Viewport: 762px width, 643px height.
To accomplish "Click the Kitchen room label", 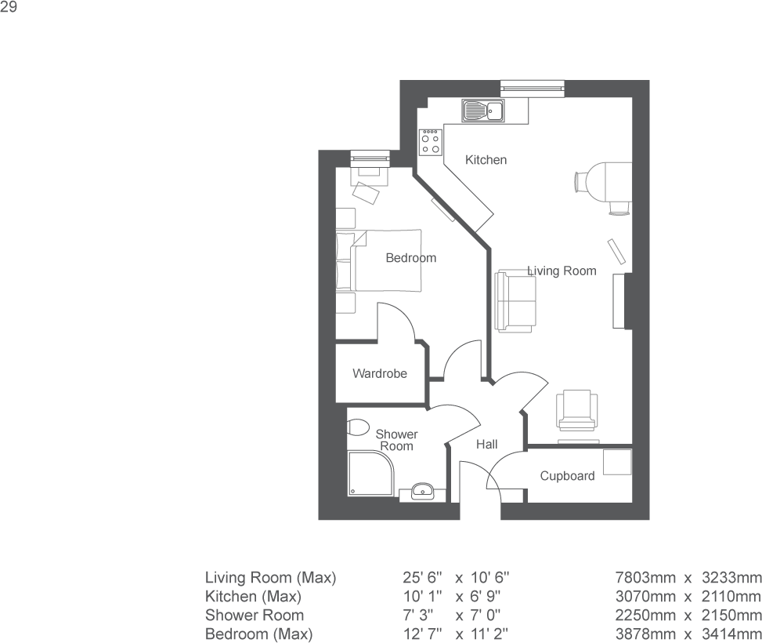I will (x=486, y=160).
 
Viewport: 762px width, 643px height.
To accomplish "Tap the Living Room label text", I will (x=562, y=271).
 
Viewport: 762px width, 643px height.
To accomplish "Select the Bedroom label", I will (x=410, y=258).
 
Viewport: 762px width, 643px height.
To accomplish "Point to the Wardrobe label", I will (x=379, y=374).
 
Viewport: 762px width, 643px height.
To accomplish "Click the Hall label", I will (x=487, y=445).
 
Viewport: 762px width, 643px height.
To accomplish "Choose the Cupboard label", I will (x=567, y=476).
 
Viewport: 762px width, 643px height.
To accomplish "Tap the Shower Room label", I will (x=396, y=440).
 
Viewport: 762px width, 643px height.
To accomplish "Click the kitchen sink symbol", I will (x=482, y=111).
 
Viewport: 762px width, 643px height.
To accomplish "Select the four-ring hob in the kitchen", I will (x=430, y=142).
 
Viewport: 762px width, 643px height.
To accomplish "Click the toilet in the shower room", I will (x=357, y=428).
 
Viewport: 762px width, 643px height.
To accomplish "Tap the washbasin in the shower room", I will (x=422, y=492).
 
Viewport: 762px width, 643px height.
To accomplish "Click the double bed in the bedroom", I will (x=379, y=260).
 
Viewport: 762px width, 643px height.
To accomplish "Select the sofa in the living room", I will (x=515, y=300).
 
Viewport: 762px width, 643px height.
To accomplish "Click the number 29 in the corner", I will (x=9, y=8).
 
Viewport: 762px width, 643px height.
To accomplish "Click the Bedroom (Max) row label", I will (x=258, y=634).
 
